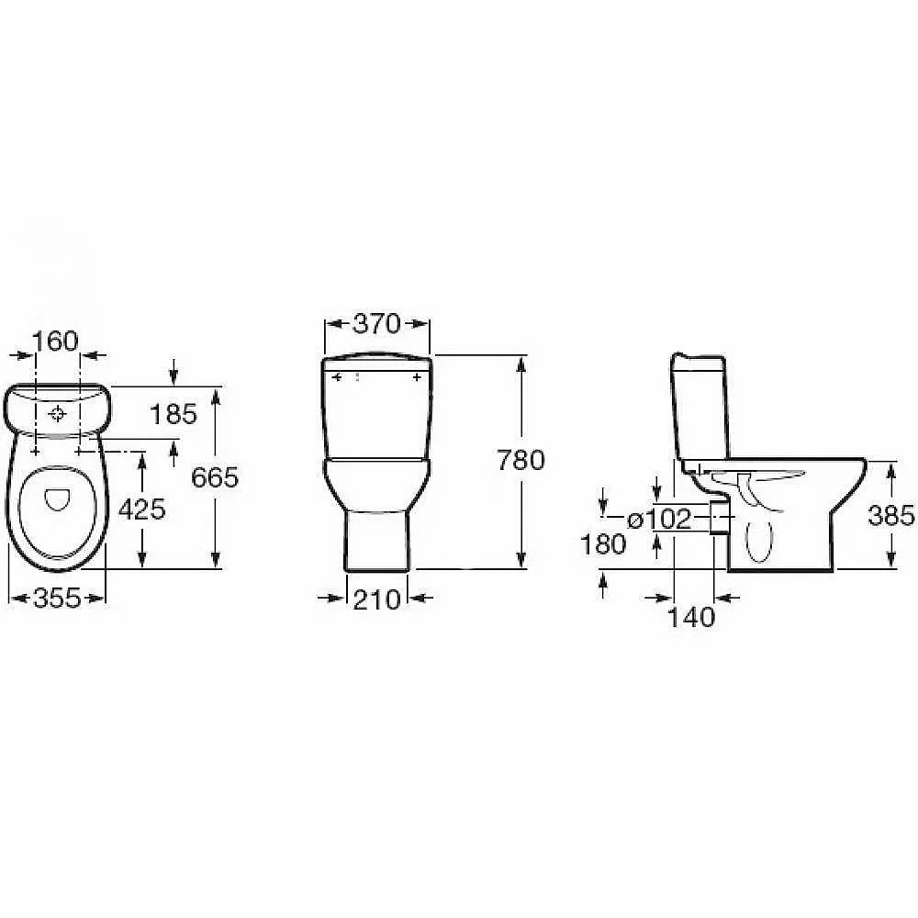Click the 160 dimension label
point(55,341)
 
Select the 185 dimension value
point(174,415)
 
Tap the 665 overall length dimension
point(216,477)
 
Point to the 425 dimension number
point(142,509)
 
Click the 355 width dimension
point(57,598)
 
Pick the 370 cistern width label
point(377,324)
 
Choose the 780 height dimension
point(521,460)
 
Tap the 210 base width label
point(376,599)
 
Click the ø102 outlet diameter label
point(660,519)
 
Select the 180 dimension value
point(603,544)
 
